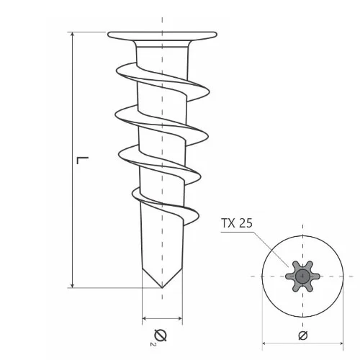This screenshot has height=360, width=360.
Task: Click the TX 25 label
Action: tap(236, 223)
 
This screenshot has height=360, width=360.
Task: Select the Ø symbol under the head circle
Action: tap(303, 336)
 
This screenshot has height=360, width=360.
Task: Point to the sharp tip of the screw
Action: tap(162, 287)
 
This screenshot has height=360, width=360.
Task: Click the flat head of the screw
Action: tap(162, 35)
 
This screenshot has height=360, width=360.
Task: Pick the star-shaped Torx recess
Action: tap(302, 276)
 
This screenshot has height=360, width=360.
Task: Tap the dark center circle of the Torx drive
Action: tap(302, 276)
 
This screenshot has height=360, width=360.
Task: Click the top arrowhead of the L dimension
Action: tap(73, 35)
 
